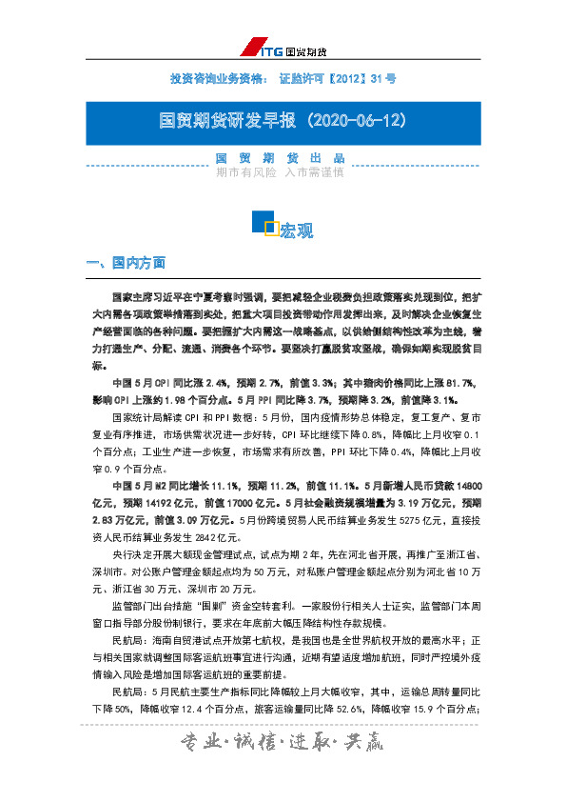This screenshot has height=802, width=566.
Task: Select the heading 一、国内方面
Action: (x=126, y=263)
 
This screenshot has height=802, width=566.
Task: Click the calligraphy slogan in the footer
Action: (x=283, y=769)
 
